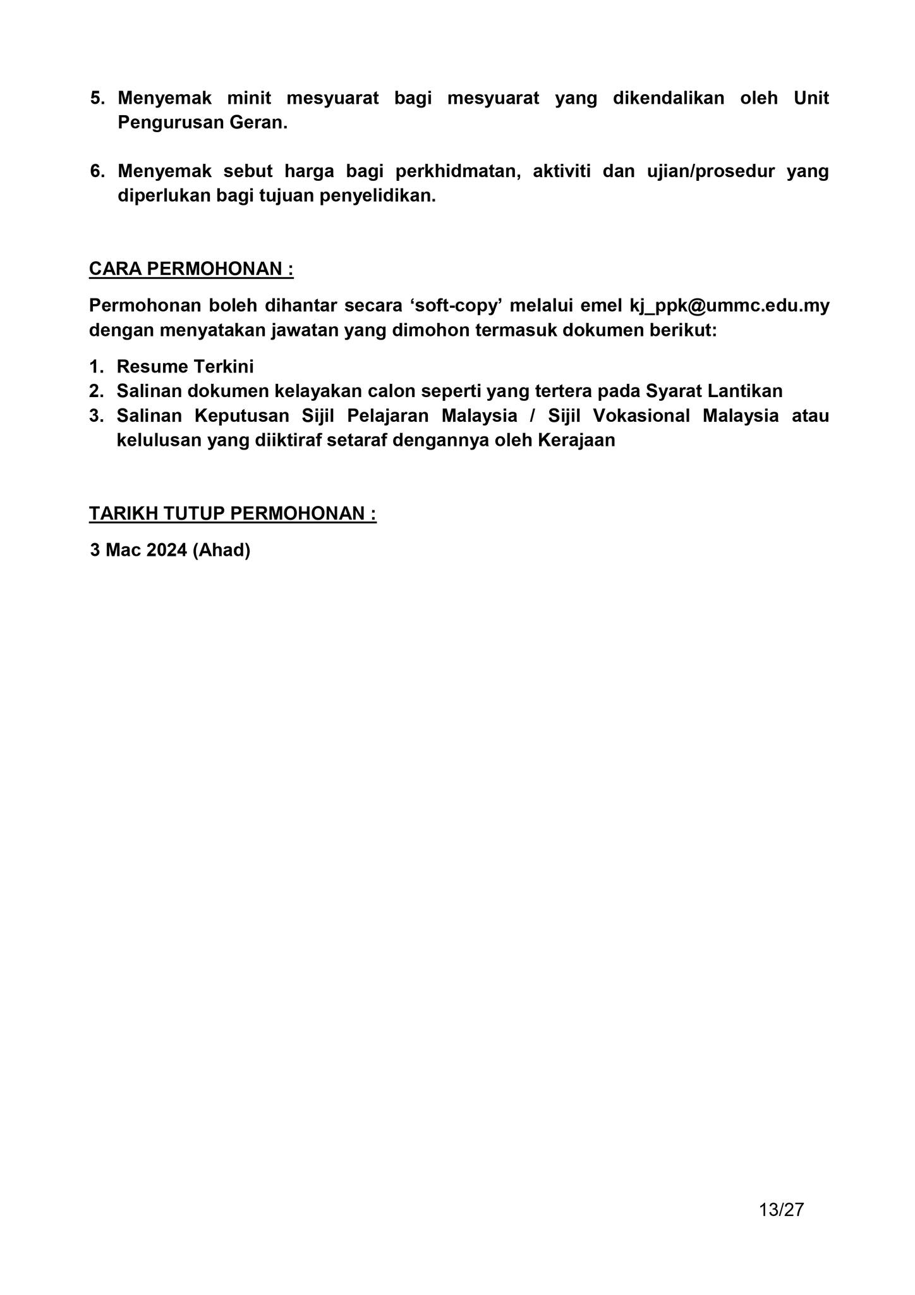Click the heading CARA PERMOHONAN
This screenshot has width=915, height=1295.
tap(191, 269)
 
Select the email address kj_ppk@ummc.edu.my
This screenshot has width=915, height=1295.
tap(729, 305)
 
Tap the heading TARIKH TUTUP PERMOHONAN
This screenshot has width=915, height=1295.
tap(232, 513)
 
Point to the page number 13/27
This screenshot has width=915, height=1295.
tap(781, 1210)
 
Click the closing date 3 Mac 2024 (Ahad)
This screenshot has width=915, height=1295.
tap(170, 550)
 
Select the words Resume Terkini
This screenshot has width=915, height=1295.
tap(185, 367)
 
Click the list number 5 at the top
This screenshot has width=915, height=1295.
tap(97, 99)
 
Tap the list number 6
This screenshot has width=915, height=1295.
tap(97, 171)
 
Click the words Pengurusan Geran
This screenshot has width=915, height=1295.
tap(202, 123)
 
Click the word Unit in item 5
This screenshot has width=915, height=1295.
tap(811, 99)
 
